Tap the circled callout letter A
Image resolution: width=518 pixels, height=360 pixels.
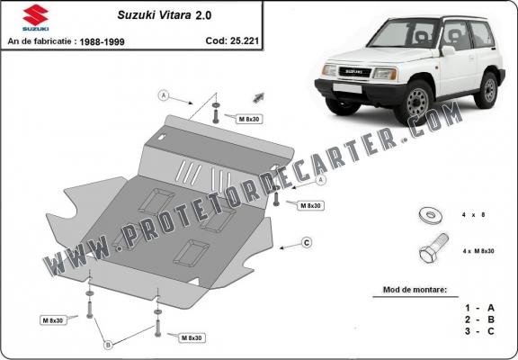click(x=163, y=94)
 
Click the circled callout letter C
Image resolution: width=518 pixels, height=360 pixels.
click(x=306, y=242)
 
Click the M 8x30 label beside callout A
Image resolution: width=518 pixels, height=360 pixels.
click(x=250, y=119)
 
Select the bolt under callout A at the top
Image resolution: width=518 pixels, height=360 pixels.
click(x=217, y=114)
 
